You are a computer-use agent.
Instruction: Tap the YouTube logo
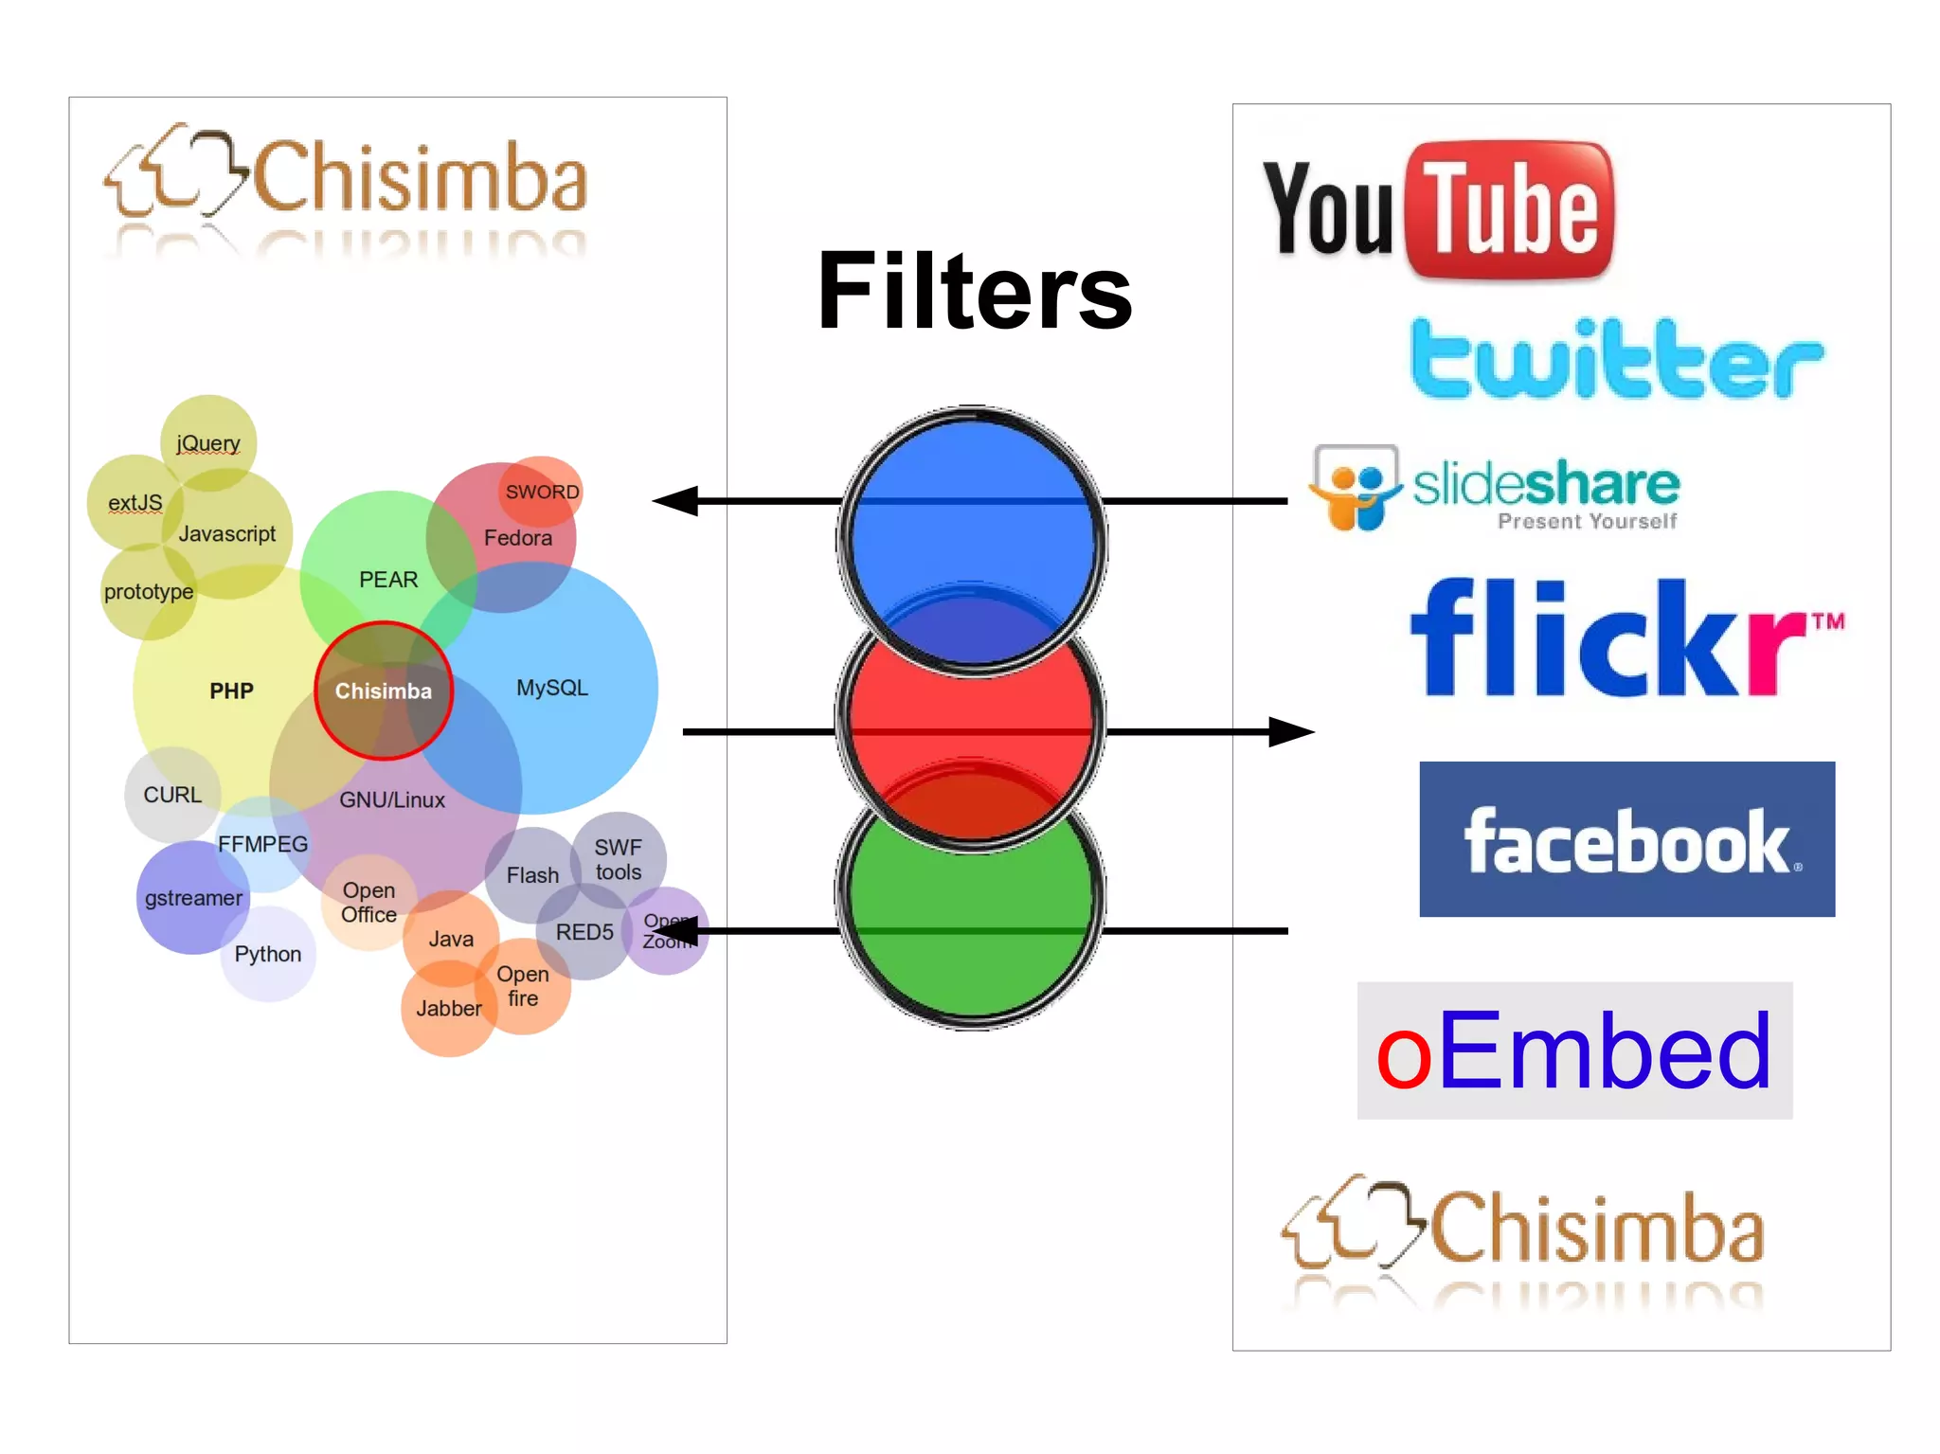pos(1438,209)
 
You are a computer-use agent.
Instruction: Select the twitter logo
pos(1615,359)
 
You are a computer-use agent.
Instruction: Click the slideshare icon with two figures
pos(1356,487)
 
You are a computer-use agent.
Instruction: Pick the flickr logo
pos(1625,637)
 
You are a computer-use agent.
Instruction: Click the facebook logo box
pos(1626,839)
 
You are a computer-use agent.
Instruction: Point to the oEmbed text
pos(1573,1050)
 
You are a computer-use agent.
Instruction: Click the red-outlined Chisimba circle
pos(383,691)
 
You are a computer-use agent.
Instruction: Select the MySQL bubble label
pos(551,688)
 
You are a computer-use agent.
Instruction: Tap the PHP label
pos(231,691)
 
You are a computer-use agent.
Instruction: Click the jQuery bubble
pos(208,442)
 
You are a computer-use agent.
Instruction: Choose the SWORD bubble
pos(541,492)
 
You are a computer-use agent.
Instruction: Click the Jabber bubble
pos(448,1009)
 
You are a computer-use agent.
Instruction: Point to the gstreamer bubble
pos(193,898)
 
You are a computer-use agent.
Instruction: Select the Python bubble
pos(268,954)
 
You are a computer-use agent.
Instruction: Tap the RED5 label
pos(584,932)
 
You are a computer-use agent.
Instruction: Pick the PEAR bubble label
pos(388,579)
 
